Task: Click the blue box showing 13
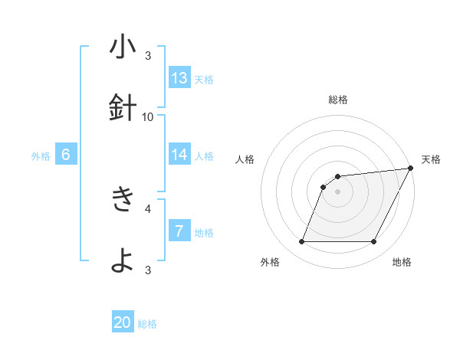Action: point(179,77)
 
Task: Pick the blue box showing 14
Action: point(179,154)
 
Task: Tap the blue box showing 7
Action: point(179,231)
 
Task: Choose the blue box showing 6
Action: point(66,154)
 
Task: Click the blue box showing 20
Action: point(123,322)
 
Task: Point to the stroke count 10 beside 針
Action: point(148,116)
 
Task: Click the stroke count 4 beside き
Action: point(148,208)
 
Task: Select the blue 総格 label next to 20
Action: point(147,324)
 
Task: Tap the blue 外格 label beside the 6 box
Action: point(41,156)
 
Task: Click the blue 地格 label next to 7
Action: point(204,233)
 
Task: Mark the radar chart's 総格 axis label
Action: point(337,100)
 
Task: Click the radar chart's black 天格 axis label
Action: point(431,159)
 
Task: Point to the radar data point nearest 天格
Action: point(410,169)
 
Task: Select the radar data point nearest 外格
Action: point(301,242)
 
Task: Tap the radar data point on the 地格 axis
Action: point(373,242)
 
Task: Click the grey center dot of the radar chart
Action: point(337,191)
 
